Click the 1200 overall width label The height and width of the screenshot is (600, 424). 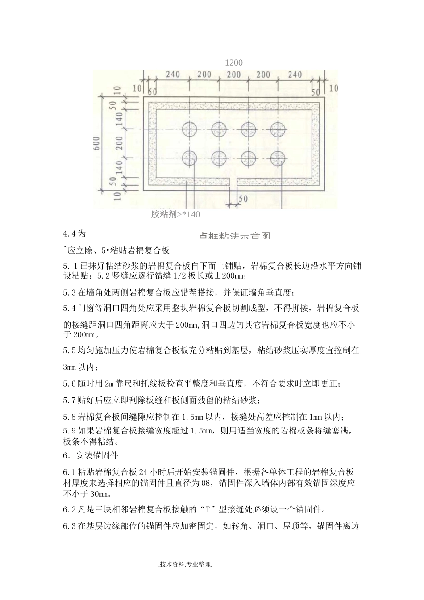point(234,63)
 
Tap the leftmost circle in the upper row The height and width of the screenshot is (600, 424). point(190,129)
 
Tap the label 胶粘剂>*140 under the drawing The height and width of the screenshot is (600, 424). point(175,215)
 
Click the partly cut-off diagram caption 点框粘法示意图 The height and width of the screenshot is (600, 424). point(234,235)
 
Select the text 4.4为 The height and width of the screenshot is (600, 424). point(74,233)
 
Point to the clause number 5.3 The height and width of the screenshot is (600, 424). point(70,293)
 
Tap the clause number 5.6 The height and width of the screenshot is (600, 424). point(70,383)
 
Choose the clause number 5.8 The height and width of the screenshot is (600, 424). point(70,417)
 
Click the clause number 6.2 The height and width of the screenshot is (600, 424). point(70,510)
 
